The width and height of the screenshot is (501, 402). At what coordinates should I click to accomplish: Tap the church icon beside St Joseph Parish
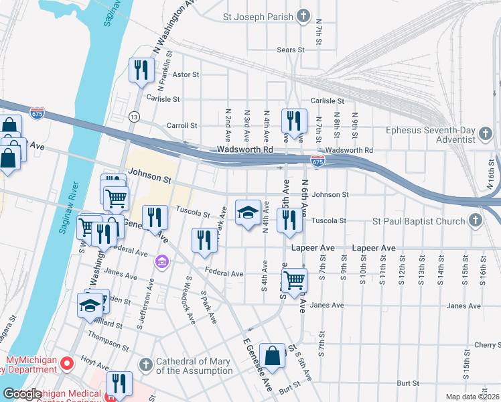pos(303,15)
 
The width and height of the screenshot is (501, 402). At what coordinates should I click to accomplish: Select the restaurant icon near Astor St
pos(141,70)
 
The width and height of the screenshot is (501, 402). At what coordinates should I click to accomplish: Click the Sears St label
pos(291,50)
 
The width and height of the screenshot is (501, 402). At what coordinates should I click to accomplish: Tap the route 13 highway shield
pos(135,117)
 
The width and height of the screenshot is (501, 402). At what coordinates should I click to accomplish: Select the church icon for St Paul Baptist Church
pos(475,221)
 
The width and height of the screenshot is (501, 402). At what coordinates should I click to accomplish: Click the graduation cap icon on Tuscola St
pos(248,212)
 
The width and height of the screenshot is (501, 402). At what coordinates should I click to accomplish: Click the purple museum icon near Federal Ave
pos(161,260)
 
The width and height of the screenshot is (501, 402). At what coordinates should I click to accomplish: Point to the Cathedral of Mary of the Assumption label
pos(194,366)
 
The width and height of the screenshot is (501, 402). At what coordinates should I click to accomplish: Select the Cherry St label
pos(486,344)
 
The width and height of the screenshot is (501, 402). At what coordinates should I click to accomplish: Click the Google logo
pos(22,394)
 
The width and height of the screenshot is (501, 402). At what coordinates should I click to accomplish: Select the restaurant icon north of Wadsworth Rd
pos(294,121)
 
